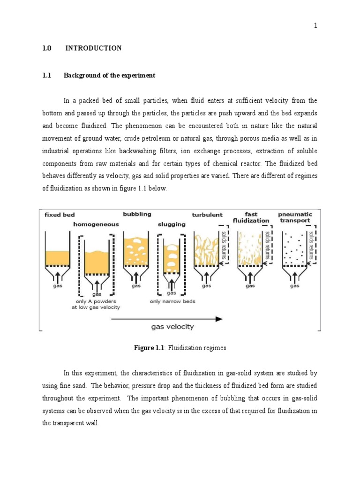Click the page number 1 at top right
pos(315,26)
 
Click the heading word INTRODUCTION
pos(93,48)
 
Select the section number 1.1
pos(46,75)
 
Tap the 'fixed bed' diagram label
pos(60,215)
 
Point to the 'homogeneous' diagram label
pos(96,225)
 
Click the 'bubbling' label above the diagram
pos(137,214)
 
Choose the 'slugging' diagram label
pos(172,225)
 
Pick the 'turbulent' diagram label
pos(207,215)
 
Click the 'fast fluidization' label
pos(251,217)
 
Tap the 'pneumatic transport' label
pos(295,217)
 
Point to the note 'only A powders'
pos(97,301)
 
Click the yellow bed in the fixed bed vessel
pos(58,258)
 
